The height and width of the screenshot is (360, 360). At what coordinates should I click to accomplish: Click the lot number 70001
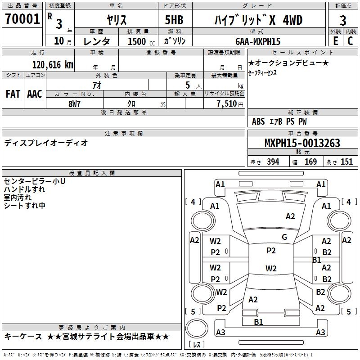point(22,20)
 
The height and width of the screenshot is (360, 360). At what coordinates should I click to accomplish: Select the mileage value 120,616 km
point(52,64)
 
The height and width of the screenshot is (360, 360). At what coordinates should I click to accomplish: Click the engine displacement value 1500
point(137,41)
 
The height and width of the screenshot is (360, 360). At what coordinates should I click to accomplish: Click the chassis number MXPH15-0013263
point(302,143)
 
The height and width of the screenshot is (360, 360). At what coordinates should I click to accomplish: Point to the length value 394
point(273,162)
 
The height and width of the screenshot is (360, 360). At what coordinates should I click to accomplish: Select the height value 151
point(346,162)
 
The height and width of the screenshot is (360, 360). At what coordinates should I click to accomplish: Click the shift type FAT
point(13,94)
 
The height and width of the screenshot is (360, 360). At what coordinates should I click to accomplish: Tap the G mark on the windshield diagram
point(284,237)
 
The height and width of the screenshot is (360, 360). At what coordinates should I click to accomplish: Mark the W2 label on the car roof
point(271,269)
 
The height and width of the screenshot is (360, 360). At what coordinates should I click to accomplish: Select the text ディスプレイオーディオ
point(46,143)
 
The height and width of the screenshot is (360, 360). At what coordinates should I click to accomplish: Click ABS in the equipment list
point(258,121)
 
